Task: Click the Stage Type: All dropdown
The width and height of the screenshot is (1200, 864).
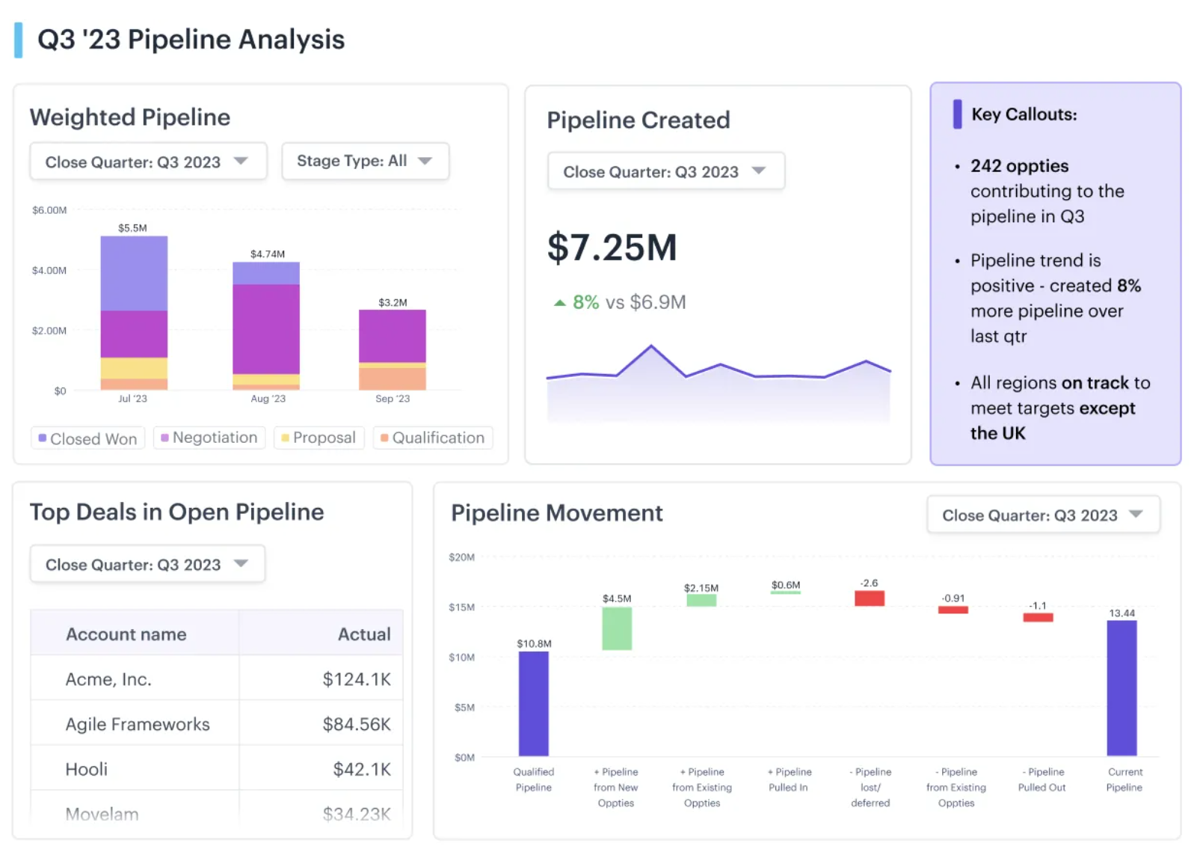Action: (365, 161)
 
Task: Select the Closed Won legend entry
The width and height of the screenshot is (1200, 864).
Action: (88, 438)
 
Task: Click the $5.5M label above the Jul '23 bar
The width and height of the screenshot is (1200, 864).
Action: (132, 228)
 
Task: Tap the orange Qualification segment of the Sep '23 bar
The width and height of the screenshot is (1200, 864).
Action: (392, 379)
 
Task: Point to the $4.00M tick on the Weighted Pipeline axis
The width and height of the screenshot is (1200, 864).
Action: (49, 270)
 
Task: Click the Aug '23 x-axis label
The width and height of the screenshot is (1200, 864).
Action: (268, 399)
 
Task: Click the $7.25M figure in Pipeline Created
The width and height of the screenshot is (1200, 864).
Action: (612, 248)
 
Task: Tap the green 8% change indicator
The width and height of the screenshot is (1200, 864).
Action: (577, 302)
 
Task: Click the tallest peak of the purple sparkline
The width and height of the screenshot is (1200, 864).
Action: (651, 346)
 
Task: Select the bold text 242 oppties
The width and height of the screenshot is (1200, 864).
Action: (1019, 166)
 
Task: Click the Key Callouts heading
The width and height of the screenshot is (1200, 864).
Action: (1024, 114)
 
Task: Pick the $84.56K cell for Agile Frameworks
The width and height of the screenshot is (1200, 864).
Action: (356, 724)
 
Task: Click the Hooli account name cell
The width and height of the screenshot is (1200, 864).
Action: (87, 769)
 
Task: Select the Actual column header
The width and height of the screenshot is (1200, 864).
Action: (363, 634)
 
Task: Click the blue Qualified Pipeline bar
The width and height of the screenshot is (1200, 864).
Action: (533, 703)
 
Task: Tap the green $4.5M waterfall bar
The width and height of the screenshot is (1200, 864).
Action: (617, 628)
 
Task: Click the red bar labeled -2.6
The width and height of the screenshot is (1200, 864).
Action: (870, 598)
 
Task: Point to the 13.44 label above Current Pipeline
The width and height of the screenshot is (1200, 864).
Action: (1121, 613)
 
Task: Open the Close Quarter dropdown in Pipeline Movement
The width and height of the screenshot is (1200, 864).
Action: (1042, 515)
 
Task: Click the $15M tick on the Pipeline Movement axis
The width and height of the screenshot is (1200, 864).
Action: (461, 607)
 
